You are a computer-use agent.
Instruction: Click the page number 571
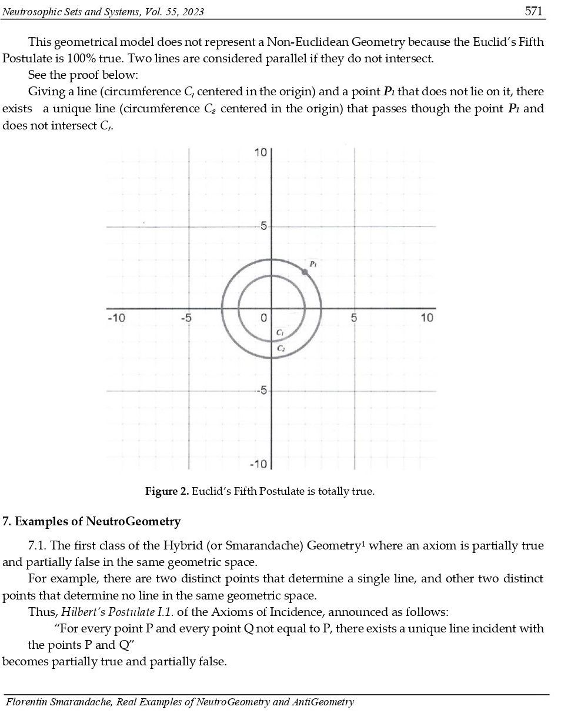(x=533, y=11)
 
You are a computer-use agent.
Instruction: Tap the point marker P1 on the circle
(x=305, y=271)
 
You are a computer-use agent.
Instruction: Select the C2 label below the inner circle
(x=280, y=349)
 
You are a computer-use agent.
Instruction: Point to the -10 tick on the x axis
(x=116, y=318)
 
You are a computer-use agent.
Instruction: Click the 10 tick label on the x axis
(x=427, y=318)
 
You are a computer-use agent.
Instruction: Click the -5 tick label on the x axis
(x=186, y=318)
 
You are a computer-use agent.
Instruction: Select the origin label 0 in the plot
(x=263, y=318)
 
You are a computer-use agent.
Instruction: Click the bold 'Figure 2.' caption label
(x=167, y=491)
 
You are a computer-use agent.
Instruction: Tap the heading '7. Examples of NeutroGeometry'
(x=92, y=521)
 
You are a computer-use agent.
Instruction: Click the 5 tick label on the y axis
(x=264, y=226)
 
